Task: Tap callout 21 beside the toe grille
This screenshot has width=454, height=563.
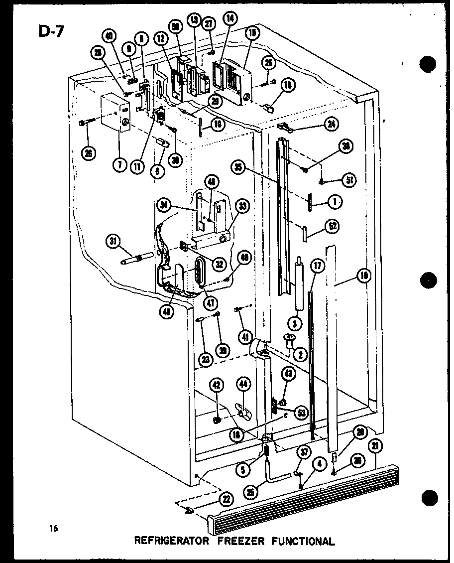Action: coord(375,446)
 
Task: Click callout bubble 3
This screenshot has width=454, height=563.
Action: coord(295,324)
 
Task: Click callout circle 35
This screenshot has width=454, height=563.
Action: coord(238,168)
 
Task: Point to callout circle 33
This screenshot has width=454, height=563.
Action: coord(243,210)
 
